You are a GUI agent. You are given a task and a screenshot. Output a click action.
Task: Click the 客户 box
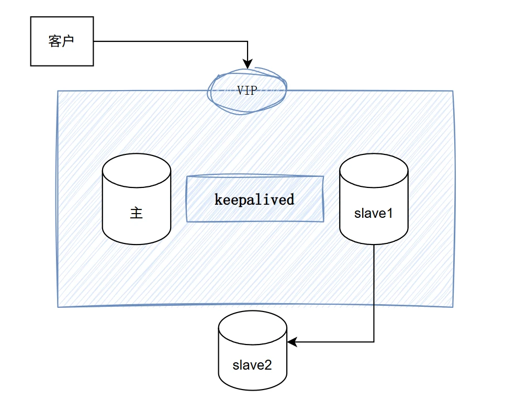click(62, 41)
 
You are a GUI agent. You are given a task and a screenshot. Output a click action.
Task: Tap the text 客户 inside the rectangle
click(62, 41)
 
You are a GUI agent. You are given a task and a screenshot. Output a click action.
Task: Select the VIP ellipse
click(247, 90)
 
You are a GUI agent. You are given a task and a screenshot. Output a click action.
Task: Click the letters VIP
click(247, 91)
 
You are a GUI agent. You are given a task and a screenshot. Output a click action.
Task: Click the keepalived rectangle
click(255, 199)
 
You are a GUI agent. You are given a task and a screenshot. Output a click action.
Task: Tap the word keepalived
click(255, 199)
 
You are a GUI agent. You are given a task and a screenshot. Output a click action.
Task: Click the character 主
click(136, 213)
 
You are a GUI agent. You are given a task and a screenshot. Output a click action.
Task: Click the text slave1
click(374, 213)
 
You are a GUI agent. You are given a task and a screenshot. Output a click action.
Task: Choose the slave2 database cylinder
click(252, 351)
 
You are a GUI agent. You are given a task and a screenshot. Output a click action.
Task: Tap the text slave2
click(252, 365)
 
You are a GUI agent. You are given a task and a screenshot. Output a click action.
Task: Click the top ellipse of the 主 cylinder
click(136, 168)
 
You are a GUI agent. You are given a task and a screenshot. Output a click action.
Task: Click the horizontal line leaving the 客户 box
click(167, 41)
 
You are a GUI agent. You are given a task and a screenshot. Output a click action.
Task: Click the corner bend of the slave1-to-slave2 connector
click(374, 342)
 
